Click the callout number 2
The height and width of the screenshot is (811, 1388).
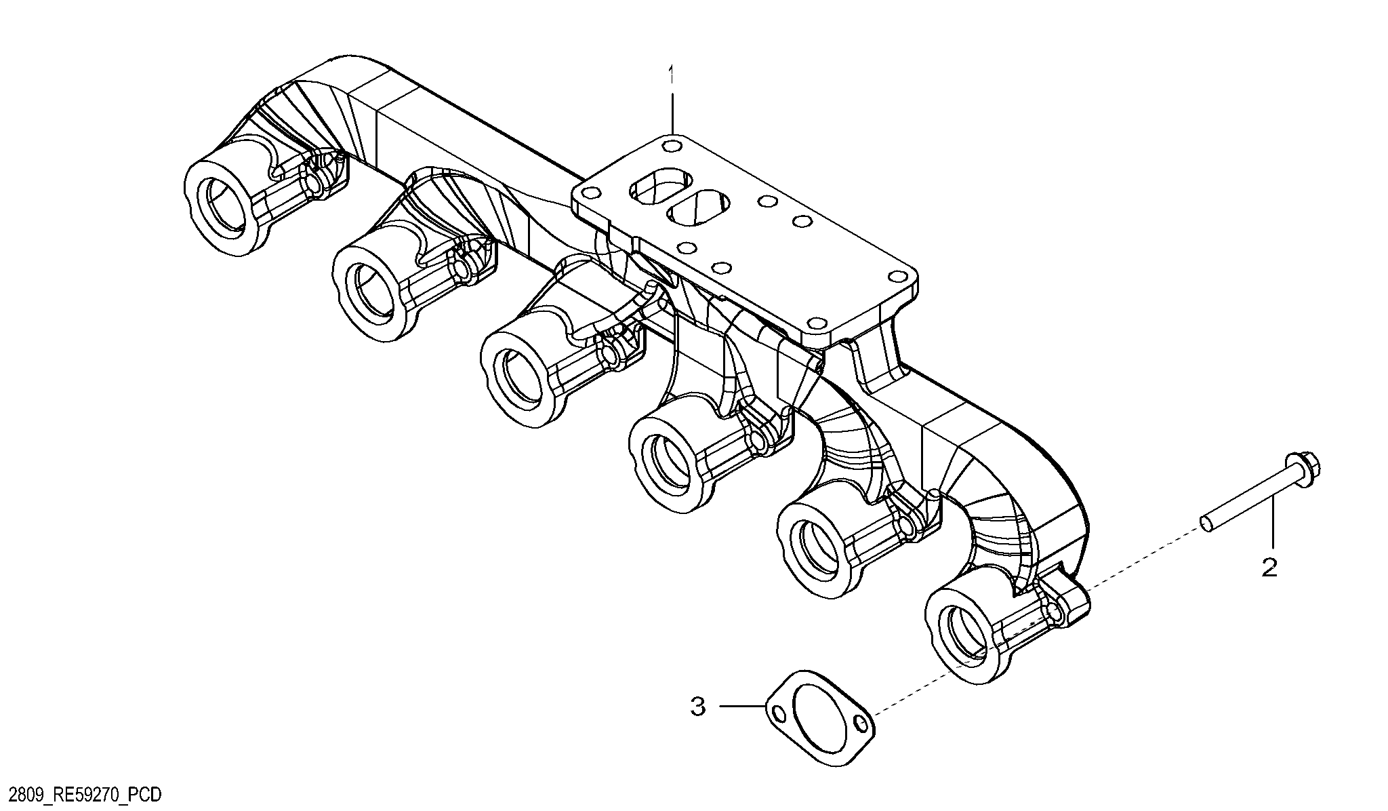tap(1269, 567)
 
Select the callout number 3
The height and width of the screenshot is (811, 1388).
tap(698, 707)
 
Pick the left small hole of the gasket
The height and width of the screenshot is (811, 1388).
tap(778, 713)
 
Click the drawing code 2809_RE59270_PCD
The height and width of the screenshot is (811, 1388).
tap(81, 795)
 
